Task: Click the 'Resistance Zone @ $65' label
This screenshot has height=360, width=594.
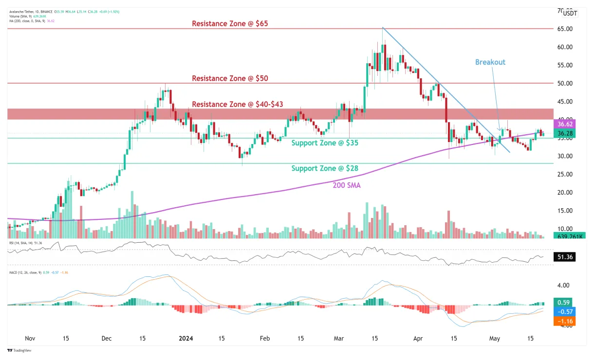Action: tap(230, 23)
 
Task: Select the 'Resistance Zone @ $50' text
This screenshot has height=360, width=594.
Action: tap(230, 78)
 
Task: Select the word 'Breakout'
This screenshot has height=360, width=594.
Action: tap(490, 62)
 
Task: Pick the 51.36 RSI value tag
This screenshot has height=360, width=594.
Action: tap(565, 256)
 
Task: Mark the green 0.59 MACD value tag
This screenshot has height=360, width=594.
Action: tap(564, 302)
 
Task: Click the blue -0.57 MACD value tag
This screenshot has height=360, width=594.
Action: tap(564, 312)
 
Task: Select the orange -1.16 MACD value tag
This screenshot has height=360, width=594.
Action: tap(564, 321)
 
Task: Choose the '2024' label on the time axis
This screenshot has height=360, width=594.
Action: tap(188, 338)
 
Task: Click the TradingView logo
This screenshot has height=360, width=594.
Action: tap(18, 351)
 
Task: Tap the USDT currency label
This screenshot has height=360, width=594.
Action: tap(570, 14)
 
